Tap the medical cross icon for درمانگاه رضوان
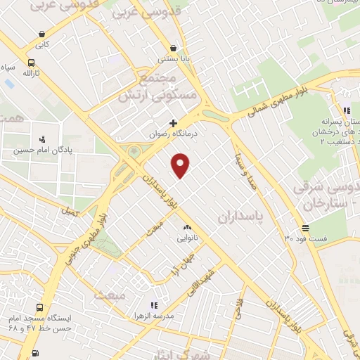point(173,123)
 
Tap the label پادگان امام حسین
point(56,149)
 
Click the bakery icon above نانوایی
point(187,228)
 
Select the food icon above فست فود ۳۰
point(305,228)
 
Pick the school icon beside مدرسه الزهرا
point(153,305)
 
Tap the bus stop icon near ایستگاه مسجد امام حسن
point(39,307)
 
